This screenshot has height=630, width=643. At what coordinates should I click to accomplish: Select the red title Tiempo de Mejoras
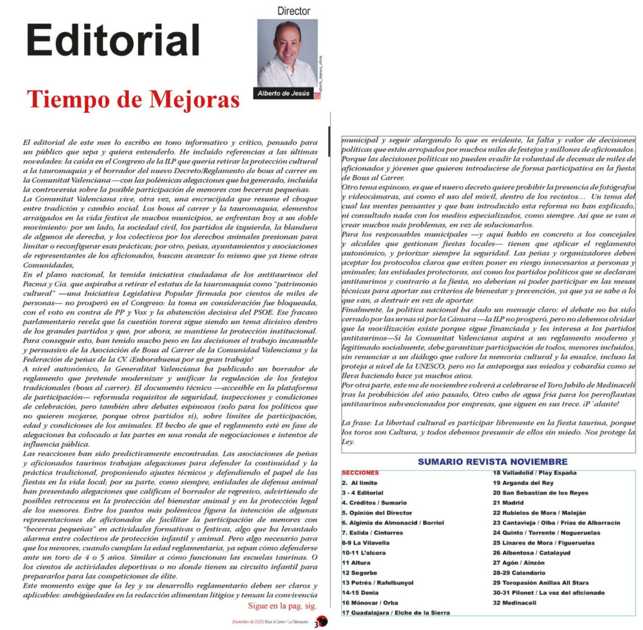click(133, 99)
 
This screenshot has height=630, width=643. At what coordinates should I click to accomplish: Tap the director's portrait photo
click(287, 53)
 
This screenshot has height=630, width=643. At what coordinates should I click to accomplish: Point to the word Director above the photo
click(293, 11)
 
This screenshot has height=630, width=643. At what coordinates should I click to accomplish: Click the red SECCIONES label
click(360, 472)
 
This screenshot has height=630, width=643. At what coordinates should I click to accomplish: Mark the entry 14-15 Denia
click(360, 593)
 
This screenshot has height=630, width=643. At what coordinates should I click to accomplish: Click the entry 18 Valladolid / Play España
click(535, 472)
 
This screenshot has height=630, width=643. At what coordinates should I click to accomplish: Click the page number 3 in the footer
click(317, 624)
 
